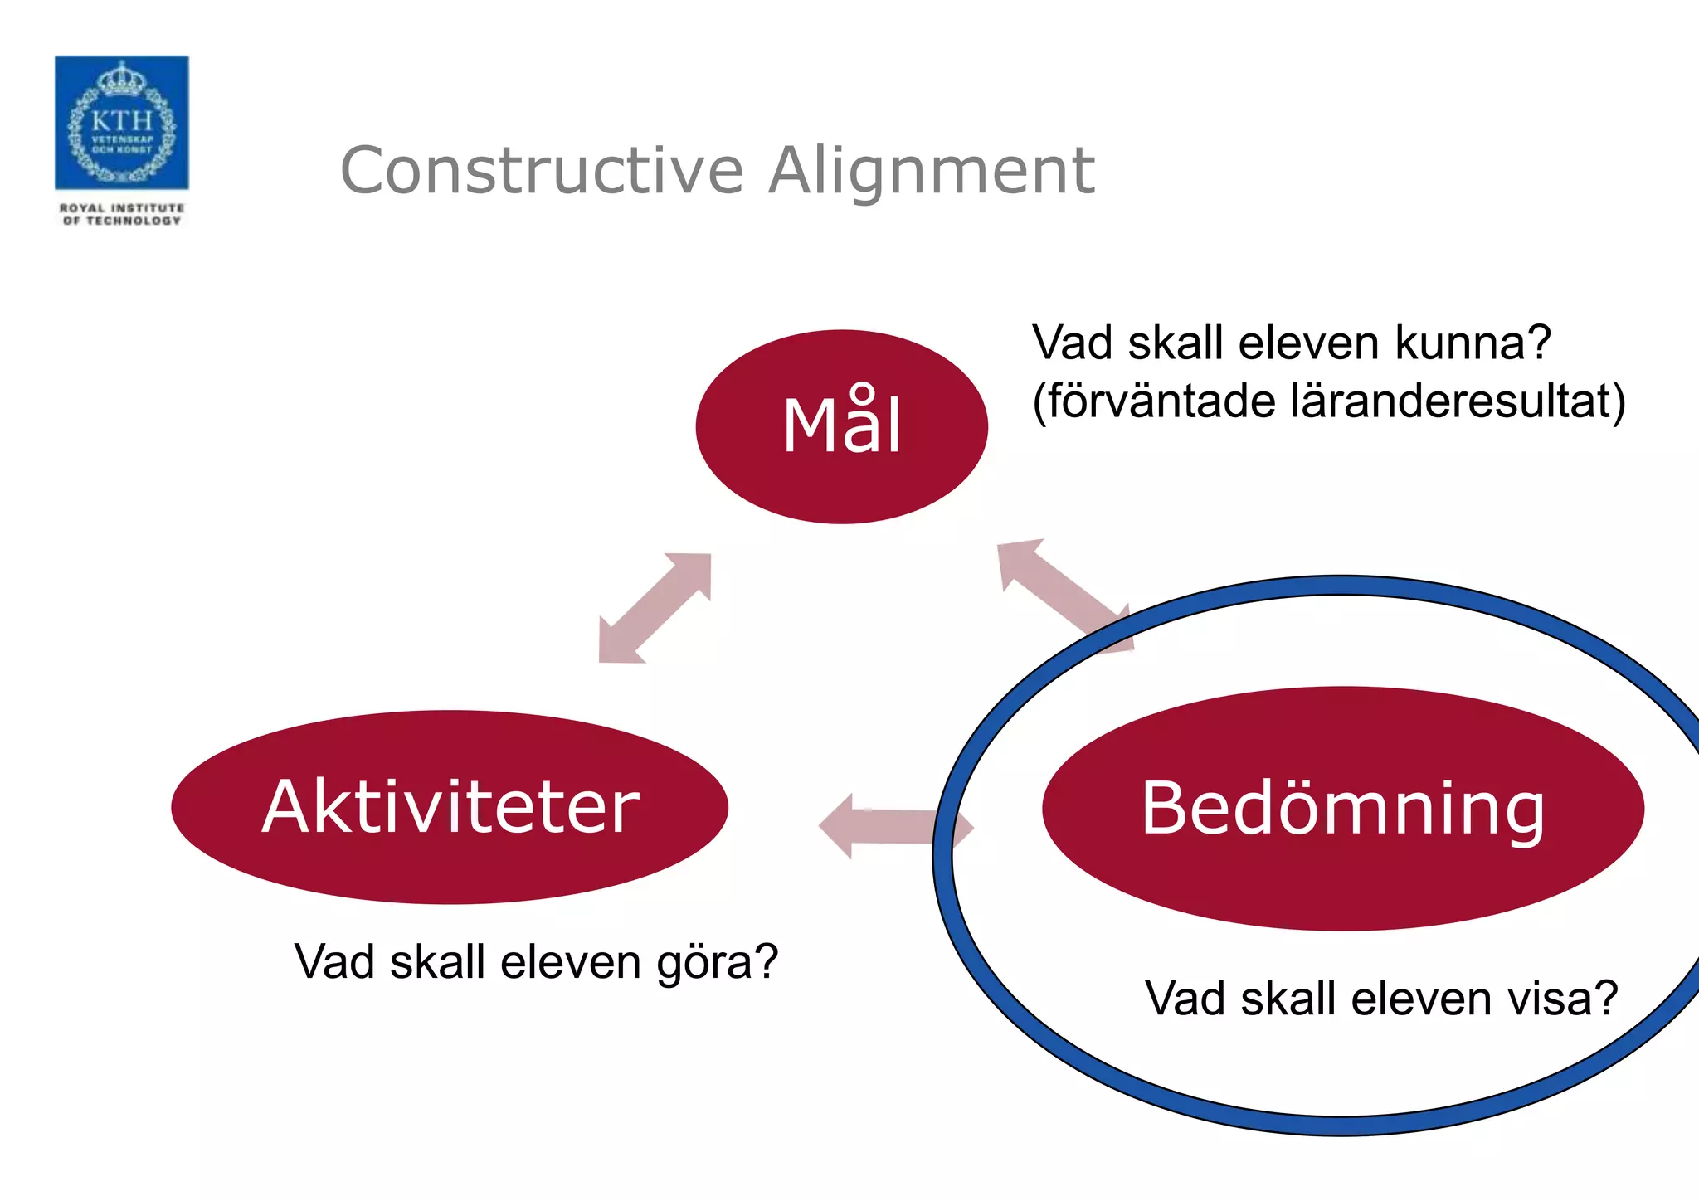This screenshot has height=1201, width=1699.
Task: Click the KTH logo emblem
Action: point(121,123)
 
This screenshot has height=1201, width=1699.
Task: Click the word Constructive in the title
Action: point(542,171)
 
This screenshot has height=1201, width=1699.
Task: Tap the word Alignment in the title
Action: point(931,171)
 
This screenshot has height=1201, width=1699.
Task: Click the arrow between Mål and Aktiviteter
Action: point(655,608)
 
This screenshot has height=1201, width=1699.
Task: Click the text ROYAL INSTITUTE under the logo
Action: point(122,208)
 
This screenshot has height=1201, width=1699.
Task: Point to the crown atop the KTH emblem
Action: point(122,79)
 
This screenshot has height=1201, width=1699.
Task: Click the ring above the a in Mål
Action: point(863,392)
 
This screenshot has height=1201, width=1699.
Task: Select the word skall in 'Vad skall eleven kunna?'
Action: point(1176,342)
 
